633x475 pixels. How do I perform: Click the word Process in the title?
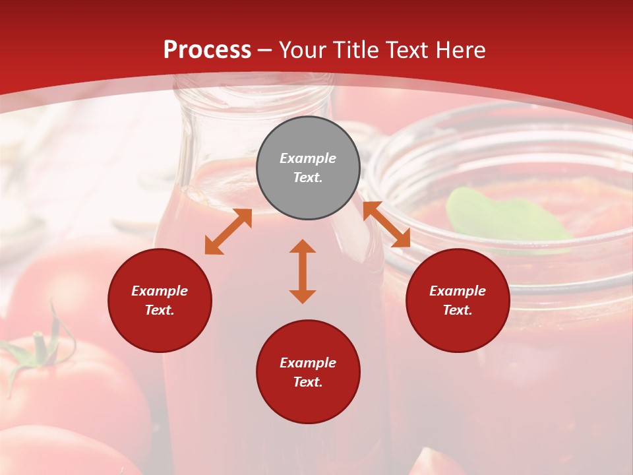point(207,50)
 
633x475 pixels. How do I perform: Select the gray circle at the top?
point(308,168)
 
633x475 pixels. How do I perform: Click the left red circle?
point(160,300)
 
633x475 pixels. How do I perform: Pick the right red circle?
point(458,300)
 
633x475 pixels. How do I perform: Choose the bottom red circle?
point(308,371)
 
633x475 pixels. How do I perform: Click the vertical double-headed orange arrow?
point(303,271)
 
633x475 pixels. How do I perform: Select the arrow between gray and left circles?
point(228,232)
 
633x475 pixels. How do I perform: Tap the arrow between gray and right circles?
point(386,224)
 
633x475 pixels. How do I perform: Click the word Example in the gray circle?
point(308,158)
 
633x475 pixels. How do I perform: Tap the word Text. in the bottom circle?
point(308,382)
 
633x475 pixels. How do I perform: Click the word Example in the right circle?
point(458,291)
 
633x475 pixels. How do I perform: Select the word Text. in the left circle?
point(160,310)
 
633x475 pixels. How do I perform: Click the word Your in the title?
point(302,50)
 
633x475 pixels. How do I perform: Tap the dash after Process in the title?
point(265,51)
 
